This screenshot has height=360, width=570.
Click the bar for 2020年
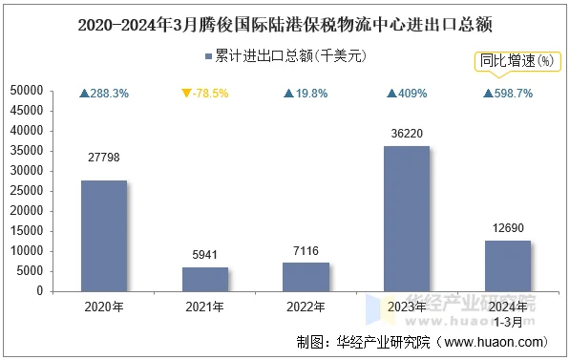[x=103, y=235]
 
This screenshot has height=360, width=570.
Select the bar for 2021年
[x=205, y=279]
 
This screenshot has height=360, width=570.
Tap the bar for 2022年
[x=306, y=276]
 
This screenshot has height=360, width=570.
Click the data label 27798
[x=103, y=157]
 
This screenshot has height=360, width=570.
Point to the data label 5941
[x=205, y=255]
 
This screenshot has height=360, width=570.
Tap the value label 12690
[x=508, y=228]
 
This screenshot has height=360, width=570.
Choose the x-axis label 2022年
[x=306, y=307]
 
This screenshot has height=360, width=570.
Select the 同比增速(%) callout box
[x=517, y=61]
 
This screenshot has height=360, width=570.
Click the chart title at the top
[x=285, y=20]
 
